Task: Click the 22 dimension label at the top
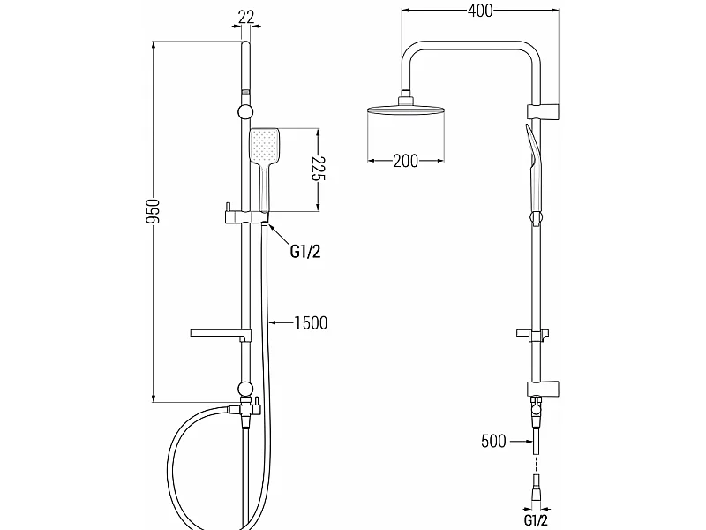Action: tap(246, 17)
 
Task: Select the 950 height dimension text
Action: tap(153, 211)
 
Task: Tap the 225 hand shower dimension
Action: tap(318, 168)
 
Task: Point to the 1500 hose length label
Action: tap(311, 322)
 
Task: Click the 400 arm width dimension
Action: tap(480, 11)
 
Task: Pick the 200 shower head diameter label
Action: tap(406, 161)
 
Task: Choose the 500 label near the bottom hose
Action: tap(493, 441)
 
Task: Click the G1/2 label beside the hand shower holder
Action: tap(305, 252)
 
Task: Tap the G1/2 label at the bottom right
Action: tap(536, 519)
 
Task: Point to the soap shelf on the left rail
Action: tap(220, 334)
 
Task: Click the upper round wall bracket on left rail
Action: tap(245, 112)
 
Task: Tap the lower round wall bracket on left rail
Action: tap(245, 389)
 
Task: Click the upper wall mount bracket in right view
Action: tap(543, 112)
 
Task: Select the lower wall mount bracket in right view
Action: tap(543, 389)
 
